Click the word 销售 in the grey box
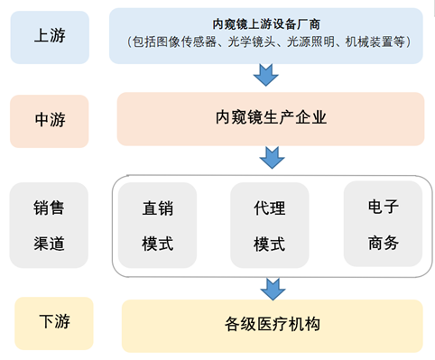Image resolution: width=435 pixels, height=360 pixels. point(49,208)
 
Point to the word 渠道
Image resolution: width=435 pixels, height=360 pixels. point(49,243)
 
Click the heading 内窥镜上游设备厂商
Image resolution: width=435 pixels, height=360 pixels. point(266,23)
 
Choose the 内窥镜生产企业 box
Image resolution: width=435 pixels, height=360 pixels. point(270,117)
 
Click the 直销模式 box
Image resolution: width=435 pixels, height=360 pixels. point(157,226)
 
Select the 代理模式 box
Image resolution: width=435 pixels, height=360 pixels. point(270,226)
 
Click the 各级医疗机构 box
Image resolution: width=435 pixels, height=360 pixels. point(272,324)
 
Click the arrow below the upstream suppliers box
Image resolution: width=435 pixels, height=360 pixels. point(267,75)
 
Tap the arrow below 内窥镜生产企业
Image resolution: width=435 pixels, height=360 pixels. point(271,158)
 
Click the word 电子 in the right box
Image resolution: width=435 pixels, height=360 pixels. point(383,208)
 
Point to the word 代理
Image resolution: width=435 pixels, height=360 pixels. point(270,208)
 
